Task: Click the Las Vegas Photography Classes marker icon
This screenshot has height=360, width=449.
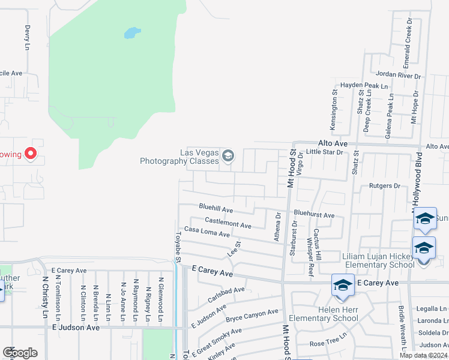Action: (x=228, y=156)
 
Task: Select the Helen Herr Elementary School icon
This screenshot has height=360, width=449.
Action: (x=343, y=286)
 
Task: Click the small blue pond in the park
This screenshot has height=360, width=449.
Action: (x=131, y=32)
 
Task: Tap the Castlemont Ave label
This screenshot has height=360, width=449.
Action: (x=228, y=223)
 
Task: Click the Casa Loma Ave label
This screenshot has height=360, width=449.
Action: (x=206, y=231)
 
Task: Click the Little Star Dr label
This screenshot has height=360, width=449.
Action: (x=324, y=152)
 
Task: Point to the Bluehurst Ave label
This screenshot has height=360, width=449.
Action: (x=314, y=214)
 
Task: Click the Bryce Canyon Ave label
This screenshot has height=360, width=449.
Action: (x=252, y=314)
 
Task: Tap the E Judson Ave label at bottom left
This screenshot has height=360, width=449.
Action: (x=76, y=328)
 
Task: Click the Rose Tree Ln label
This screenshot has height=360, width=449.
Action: (x=328, y=344)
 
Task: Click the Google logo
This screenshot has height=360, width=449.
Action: (x=20, y=353)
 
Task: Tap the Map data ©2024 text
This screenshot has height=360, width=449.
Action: (x=424, y=355)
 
